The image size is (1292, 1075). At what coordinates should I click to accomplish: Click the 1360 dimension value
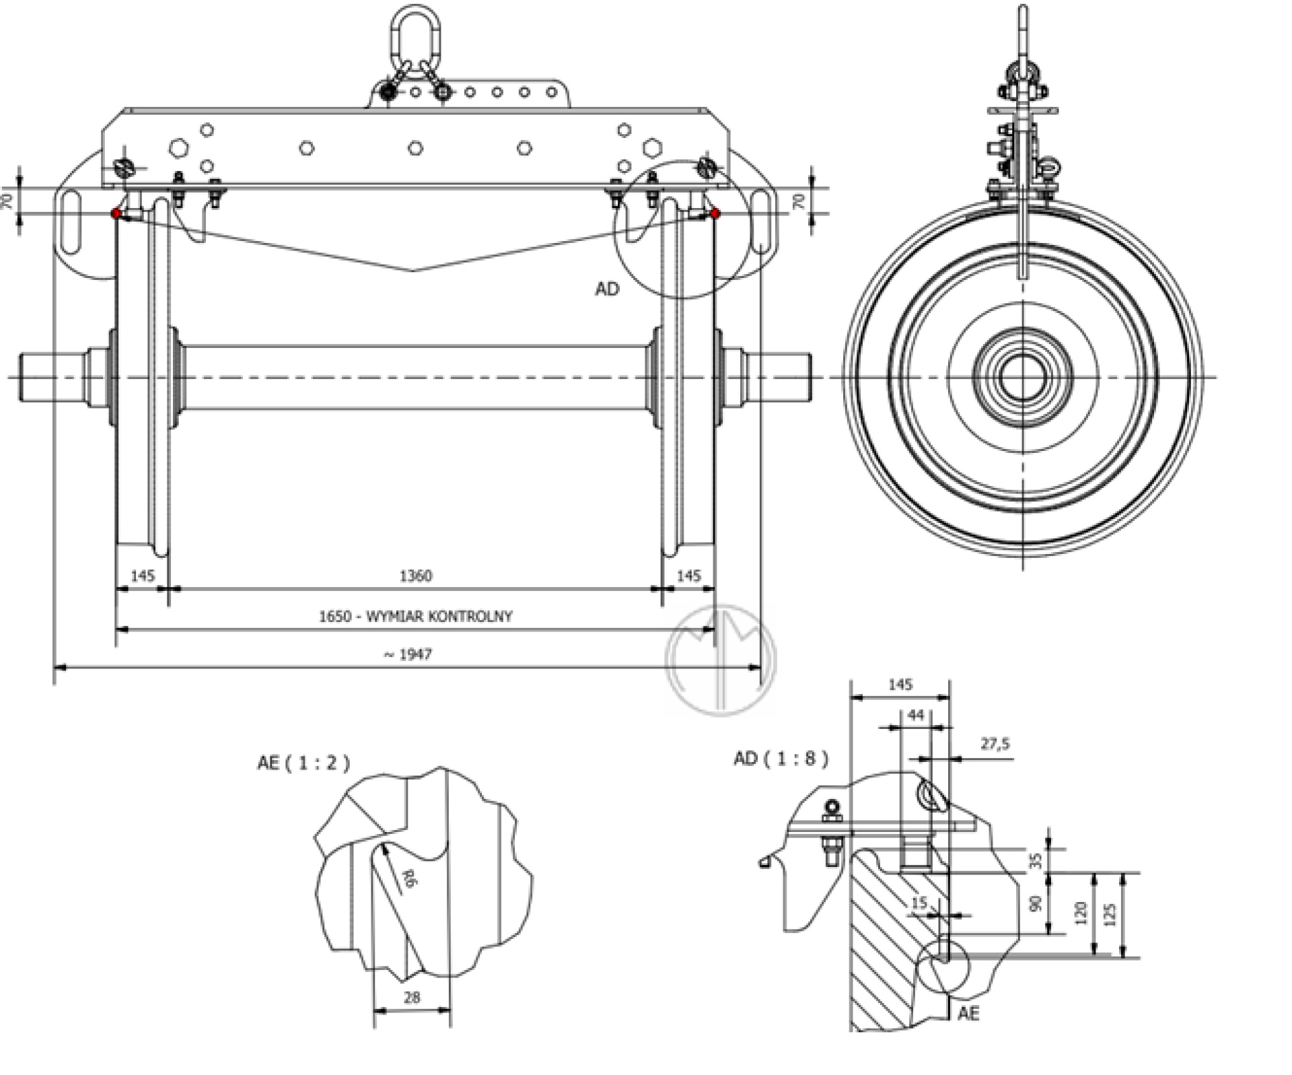click(x=415, y=576)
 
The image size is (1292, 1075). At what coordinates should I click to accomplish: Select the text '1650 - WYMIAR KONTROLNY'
click(x=415, y=616)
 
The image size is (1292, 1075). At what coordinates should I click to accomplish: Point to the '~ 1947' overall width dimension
click(x=408, y=654)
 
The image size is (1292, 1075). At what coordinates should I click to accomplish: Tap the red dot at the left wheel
click(x=116, y=213)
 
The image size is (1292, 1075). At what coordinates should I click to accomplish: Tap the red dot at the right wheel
click(x=715, y=213)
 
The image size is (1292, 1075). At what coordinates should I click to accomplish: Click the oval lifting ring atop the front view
click(x=415, y=30)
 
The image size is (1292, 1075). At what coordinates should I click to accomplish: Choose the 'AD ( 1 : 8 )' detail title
click(x=781, y=759)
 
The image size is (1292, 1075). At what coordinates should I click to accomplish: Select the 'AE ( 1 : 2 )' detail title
click(x=303, y=763)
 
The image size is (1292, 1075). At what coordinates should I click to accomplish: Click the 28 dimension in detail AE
click(x=412, y=997)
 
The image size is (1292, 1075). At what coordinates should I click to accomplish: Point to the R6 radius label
click(x=407, y=878)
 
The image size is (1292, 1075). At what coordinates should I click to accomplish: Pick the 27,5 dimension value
click(x=995, y=744)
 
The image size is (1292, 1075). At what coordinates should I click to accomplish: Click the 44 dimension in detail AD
click(x=916, y=715)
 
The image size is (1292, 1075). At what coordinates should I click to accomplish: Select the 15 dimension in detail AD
click(x=919, y=903)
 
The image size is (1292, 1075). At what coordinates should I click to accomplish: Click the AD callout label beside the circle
click(x=606, y=289)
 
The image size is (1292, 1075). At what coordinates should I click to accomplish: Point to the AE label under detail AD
click(x=968, y=1013)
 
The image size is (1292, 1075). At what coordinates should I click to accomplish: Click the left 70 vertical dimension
click(x=8, y=201)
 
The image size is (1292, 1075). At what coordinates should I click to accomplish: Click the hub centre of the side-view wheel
click(x=1023, y=377)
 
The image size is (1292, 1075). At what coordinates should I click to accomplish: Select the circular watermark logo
click(x=721, y=660)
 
